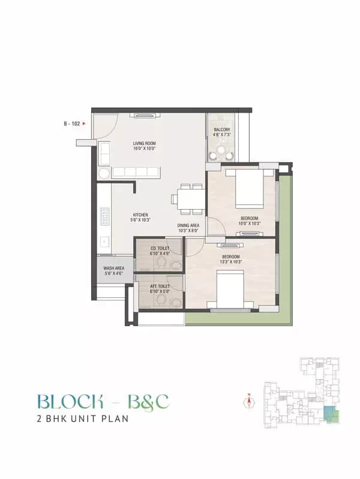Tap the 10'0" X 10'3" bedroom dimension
[249, 224]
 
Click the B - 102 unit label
[72, 124]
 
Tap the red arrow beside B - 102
[85, 124]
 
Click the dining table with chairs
[190, 198]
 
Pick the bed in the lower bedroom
[230, 290]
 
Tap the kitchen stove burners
[104, 216]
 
